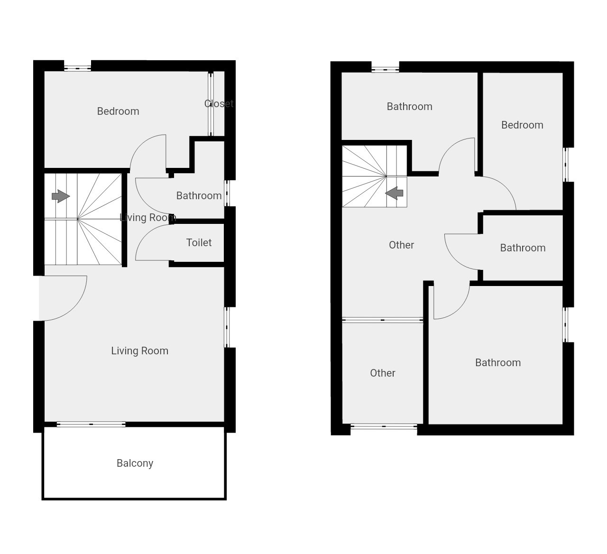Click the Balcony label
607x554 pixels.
pos(135,463)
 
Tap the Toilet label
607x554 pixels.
pos(199,242)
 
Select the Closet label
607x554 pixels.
pos(219,103)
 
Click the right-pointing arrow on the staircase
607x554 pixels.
pos(61,196)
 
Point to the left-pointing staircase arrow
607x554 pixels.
pos(394,193)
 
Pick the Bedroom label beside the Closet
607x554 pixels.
pos(118,111)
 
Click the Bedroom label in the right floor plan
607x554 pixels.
pos(522,125)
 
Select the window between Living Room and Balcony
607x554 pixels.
pos(91,425)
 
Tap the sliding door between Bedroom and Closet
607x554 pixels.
pos(211,104)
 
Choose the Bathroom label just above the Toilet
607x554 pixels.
pos(199,196)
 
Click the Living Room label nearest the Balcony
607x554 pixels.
pos(139,351)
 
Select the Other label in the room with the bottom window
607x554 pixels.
pos(383,373)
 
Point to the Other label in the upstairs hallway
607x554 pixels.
pos(401,245)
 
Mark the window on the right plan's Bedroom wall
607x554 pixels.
pos(566,165)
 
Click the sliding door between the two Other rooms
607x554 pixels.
pos(383,320)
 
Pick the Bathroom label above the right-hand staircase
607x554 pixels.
pos(409,107)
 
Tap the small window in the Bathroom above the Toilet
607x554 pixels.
pos(227,193)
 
